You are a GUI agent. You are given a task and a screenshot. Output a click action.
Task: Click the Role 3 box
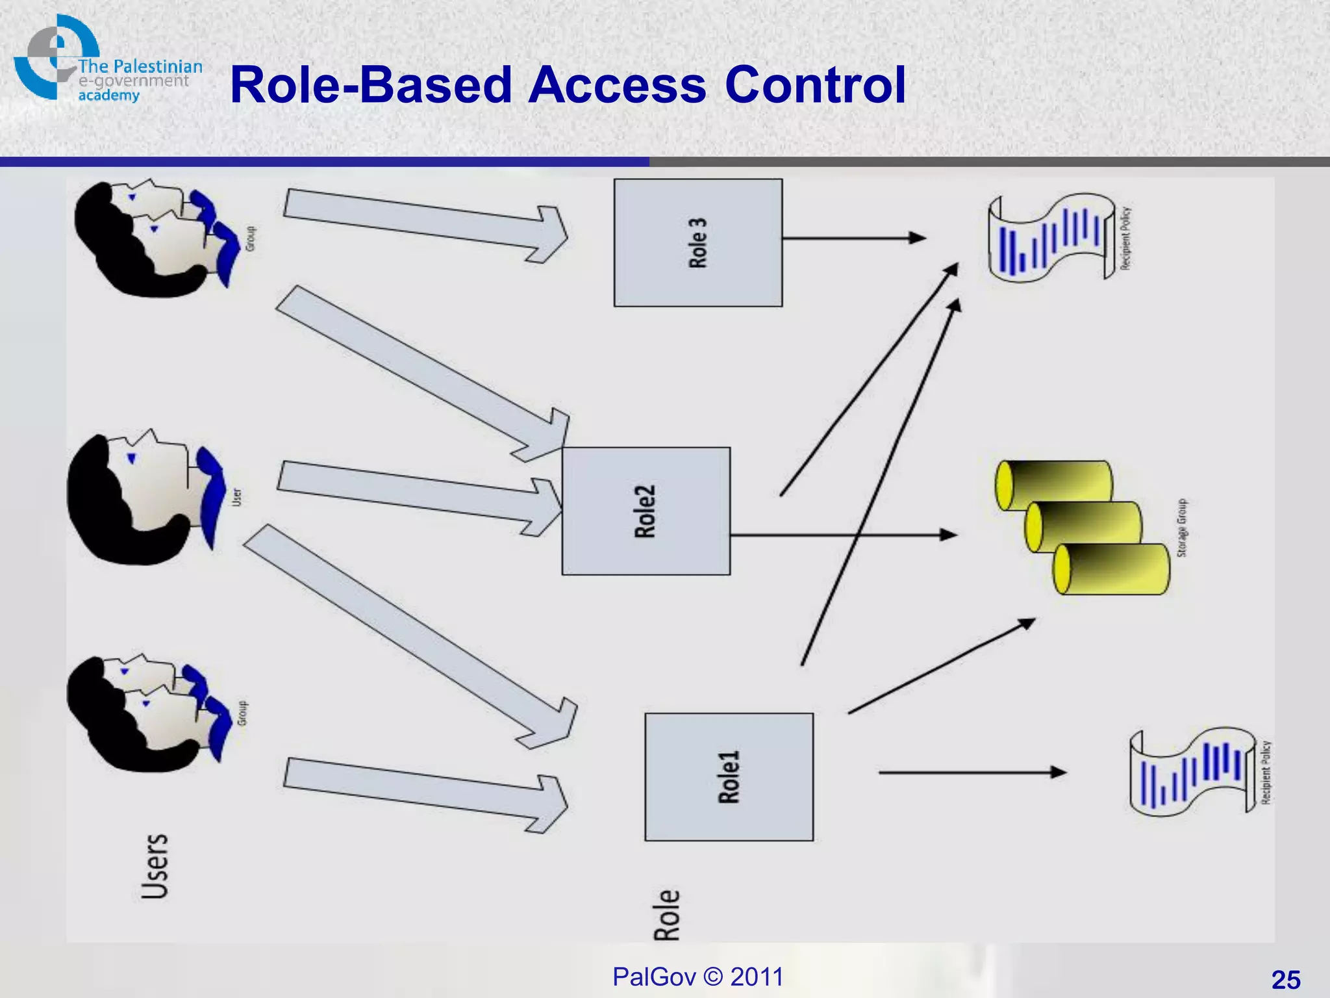coord(698,242)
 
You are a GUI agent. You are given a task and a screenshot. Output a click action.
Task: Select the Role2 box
coord(646,511)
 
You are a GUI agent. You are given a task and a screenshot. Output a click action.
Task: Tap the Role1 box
coord(729,777)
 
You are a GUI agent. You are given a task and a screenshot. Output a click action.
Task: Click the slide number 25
coord(1285,980)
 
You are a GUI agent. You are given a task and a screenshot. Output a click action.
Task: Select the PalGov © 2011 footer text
coord(697,977)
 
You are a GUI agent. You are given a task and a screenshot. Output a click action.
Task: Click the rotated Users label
coord(155,866)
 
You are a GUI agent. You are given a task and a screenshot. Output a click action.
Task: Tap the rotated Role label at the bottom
coord(667,915)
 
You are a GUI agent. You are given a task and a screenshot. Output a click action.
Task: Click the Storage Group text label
coord(1182,528)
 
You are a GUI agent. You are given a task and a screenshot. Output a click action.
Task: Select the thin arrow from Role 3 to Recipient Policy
coord(853,238)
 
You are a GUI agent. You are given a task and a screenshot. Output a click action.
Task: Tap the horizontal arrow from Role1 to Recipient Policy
coord(972,773)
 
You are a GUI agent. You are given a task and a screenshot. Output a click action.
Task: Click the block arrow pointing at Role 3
coord(425,225)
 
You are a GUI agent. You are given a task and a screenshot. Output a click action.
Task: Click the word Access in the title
coord(617,85)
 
